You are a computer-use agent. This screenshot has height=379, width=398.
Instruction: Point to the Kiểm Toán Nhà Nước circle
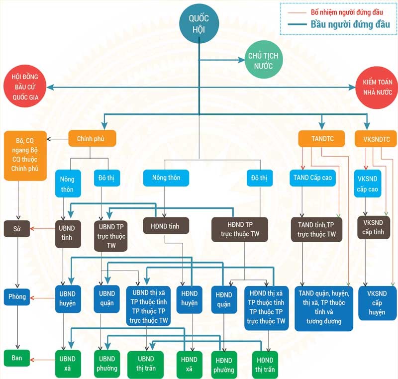tap(377, 88)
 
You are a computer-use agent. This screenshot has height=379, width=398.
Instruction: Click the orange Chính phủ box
tap(93, 139)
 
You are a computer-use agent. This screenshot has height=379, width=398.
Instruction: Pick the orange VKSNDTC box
tap(376, 139)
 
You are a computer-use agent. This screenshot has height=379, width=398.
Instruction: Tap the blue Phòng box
tap(17, 297)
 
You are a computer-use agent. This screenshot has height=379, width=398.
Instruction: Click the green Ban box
tap(17, 357)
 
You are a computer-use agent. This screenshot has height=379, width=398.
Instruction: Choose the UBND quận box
tap(106, 298)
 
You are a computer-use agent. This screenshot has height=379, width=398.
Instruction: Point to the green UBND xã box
tap(67, 363)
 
